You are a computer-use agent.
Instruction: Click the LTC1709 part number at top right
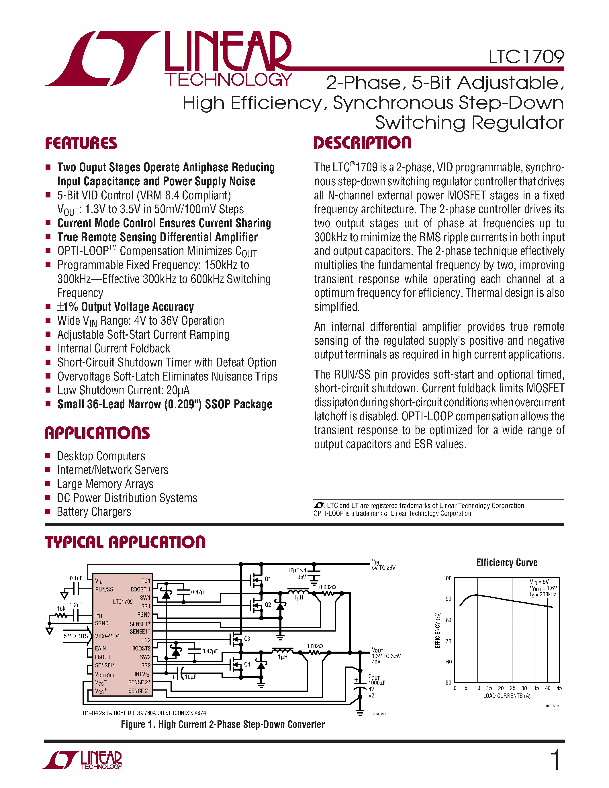(x=526, y=57)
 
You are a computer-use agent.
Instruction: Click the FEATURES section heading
(x=81, y=143)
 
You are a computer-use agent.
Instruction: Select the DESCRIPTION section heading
(x=362, y=143)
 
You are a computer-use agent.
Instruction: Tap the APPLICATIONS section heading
(x=97, y=433)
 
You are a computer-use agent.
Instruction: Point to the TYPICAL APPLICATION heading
(x=125, y=542)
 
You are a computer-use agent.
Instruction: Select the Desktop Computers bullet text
(x=101, y=456)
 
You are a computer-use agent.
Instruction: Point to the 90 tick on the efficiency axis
(x=448, y=599)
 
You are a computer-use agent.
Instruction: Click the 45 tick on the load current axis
(x=559, y=688)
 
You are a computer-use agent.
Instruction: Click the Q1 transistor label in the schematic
(x=268, y=579)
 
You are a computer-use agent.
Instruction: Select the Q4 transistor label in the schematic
(x=247, y=664)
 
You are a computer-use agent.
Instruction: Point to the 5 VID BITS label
(x=76, y=636)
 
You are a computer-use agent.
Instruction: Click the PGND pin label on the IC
(x=144, y=614)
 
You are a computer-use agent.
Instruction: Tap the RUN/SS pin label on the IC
(x=104, y=589)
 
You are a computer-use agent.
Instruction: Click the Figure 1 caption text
(x=223, y=724)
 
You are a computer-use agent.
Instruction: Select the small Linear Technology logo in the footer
(x=83, y=760)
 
